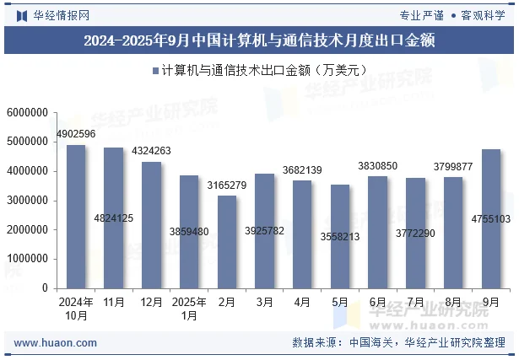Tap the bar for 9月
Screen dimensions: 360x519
point(491,218)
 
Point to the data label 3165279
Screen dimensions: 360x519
point(227,185)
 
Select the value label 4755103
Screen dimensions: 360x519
point(491,219)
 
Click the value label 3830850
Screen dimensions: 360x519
point(377,166)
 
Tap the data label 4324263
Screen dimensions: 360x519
point(151,152)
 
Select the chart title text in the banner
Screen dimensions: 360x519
point(259,40)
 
